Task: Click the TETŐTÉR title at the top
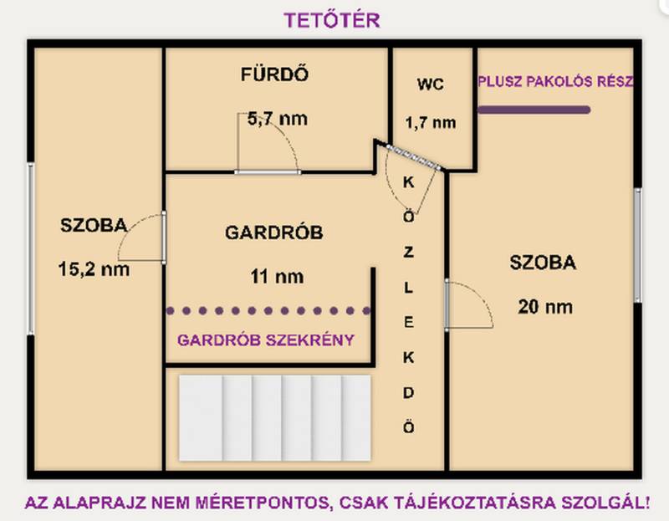tap(332, 20)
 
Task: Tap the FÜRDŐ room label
tap(274, 74)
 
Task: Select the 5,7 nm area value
tap(278, 119)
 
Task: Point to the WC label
tap(431, 84)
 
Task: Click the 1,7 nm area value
tap(431, 123)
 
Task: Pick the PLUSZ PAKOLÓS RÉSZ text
tap(555, 81)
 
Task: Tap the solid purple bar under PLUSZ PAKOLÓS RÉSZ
tap(534, 110)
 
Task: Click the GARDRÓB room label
tap(274, 232)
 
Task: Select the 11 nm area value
tap(277, 277)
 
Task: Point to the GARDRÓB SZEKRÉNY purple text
tap(266, 340)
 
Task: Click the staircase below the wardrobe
tap(275, 418)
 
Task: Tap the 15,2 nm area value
tap(94, 269)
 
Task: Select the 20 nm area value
tap(545, 307)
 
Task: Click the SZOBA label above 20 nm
tap(543, 263)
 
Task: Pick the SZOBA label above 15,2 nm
tap(94, 225)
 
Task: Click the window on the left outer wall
tap(31, 248)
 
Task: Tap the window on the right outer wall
tap(637, 245)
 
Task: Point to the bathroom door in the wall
tap(268, 172)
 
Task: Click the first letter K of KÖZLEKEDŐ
tap(408, 182)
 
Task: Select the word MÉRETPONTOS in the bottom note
tap(262, 503)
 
